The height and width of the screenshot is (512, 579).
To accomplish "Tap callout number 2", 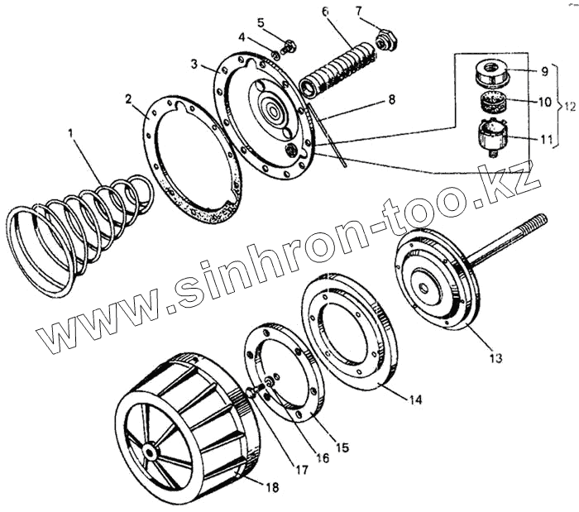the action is pyautogui.click(x=129, y=99).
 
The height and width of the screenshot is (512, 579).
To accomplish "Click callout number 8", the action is pyautogui.click(x=391, y=100).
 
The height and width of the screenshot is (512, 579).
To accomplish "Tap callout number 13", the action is pyautogui.click(x=495, y=357).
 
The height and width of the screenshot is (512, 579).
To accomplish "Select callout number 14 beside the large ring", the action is pyautogui.click(x=415, y=399).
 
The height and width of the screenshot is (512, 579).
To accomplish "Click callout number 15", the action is pyautogui.click(x=342, y=447).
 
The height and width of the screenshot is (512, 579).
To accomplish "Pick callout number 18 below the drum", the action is pyautogui.click(x=272, y=488).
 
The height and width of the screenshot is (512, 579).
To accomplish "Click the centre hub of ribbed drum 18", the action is pyautogui.click(x=151, y=451).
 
